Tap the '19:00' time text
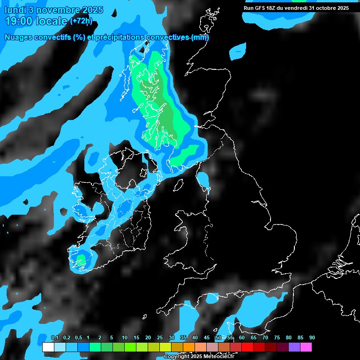coord(18,21)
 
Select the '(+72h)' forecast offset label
coord(81,21)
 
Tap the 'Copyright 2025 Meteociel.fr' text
coord(199,357)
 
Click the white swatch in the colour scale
coord(48,347)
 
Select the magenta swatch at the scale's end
coord(306,347)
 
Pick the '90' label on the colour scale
coord(312,337)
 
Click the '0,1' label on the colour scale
coord(55,337)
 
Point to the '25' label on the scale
coord(159,337)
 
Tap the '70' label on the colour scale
coord(265,337)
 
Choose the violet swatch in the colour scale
coord(294,347)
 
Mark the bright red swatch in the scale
coord(247,347)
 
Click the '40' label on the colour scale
coord(195,337)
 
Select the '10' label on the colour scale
coord(124,337)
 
